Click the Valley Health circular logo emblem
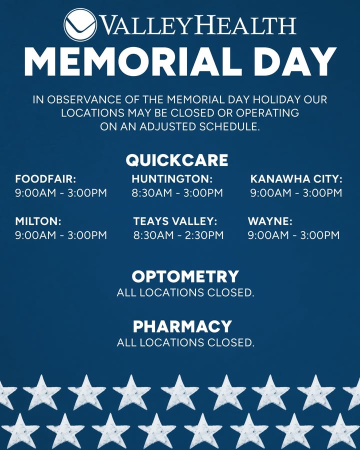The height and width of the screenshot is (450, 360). point(80,24)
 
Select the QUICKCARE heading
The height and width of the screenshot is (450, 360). point(177,160)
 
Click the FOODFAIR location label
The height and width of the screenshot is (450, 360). point(45,179)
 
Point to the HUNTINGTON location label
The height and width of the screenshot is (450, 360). point(172,179)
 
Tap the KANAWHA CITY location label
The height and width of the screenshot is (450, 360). point(296,179)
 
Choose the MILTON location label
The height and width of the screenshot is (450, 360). point(38,221)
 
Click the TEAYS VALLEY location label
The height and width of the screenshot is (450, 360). point(175,221)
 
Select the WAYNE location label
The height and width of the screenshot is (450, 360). point(270,221)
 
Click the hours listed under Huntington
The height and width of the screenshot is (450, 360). point(177,193)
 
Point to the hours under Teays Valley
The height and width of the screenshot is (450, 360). point(178,235)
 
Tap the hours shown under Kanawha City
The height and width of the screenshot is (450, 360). point(296,193)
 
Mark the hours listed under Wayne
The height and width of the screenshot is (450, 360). point(293,235)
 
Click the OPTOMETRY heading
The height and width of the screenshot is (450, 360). point(185,276)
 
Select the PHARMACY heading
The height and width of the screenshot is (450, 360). point(182,326)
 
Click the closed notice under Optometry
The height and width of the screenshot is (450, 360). point(185,292)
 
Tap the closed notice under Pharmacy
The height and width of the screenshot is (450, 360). point(185,342)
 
